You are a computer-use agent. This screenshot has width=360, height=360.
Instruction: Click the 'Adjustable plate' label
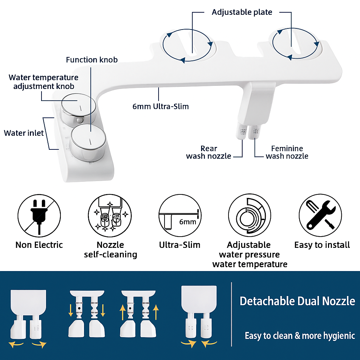242,12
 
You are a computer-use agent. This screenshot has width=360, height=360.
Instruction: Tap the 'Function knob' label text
92,60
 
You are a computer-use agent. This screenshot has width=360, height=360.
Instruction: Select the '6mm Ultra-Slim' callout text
160,106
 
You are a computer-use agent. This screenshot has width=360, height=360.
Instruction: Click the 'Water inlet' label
24,133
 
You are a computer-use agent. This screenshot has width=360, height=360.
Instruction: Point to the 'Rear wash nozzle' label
208,152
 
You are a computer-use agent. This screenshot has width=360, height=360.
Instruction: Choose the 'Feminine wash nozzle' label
287,152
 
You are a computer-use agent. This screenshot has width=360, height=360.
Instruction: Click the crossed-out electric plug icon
39,216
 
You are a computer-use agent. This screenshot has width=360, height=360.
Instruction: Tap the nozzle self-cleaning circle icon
110,216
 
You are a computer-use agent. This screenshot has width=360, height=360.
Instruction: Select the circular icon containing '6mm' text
180,216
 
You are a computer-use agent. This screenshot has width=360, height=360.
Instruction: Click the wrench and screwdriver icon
320,216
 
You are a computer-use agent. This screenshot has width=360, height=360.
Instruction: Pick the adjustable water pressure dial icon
250,216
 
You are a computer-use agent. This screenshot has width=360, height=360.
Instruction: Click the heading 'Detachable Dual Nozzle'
297,301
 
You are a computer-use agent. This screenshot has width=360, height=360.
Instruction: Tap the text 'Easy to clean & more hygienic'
300,336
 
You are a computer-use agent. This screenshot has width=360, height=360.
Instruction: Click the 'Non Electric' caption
39,245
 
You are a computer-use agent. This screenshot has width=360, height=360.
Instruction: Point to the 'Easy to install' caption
322,245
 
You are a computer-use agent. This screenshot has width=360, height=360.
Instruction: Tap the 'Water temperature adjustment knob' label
44,82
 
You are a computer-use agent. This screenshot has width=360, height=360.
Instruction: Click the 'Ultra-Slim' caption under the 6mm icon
180,245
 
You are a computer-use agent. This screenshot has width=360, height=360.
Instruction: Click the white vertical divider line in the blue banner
231,314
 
